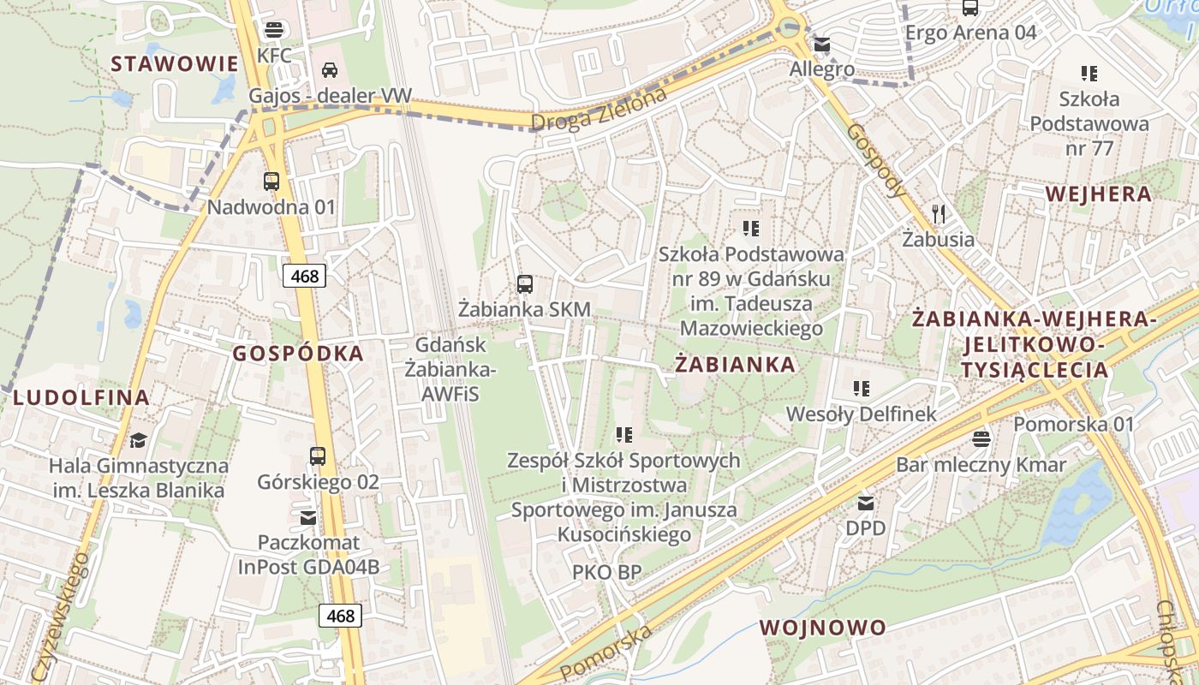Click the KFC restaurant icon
(x=274, y=30)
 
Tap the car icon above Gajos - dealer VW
(x=330, y=70)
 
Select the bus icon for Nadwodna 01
(x=271, y=181)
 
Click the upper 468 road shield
(x=304, y=276)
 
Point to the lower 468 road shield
(x=340, y=615)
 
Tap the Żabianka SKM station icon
(x=525, y=283)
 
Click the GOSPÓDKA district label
(x=298, y=353)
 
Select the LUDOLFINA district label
(x=81, y=397)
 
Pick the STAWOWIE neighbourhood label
(x=174, y=63)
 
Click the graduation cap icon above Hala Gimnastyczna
(x=138, y=440)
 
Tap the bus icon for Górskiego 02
(x=318, y=456)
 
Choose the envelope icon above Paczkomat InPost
(x=307, y=517)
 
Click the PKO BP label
(x=606, y=572)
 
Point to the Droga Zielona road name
(x=599, y=110)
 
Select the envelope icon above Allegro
(x=821, y=44)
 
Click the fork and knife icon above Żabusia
(x=939, y=213)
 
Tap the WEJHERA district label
(x=1099, y=194)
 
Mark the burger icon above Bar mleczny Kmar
(x=981, y=438)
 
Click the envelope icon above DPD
(x=866, y=503)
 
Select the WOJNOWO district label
(x=823, y=627)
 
